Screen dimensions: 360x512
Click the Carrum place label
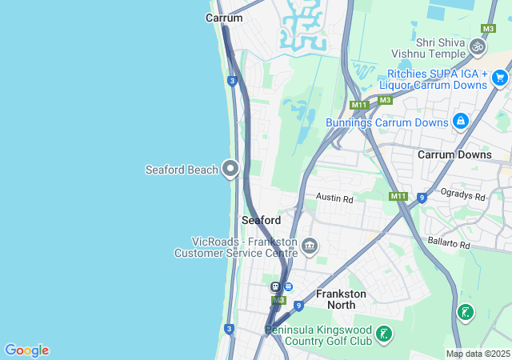coord(224,18)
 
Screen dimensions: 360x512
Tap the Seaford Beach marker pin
coord(231,168)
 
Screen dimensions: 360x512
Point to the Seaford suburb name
coord(261,220)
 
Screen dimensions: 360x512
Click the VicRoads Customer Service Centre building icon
coord(310,245)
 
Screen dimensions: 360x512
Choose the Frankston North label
coord(341,299)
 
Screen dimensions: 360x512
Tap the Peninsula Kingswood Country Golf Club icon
coord(385,333)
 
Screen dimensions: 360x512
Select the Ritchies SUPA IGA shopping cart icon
coord(500,78)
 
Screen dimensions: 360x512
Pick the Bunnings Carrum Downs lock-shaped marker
coord(460,121)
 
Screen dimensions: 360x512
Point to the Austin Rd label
coord(334,197)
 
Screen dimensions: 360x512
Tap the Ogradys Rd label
coord(464,196)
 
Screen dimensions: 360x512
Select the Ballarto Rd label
coord(449,242)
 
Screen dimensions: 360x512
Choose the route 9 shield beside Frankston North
coord(298,305)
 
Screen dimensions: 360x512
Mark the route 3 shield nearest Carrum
coord(231,81)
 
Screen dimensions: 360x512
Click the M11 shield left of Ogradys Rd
coord(398,196)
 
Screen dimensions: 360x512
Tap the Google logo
coord(26,350)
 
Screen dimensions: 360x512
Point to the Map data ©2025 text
coord(477,354)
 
